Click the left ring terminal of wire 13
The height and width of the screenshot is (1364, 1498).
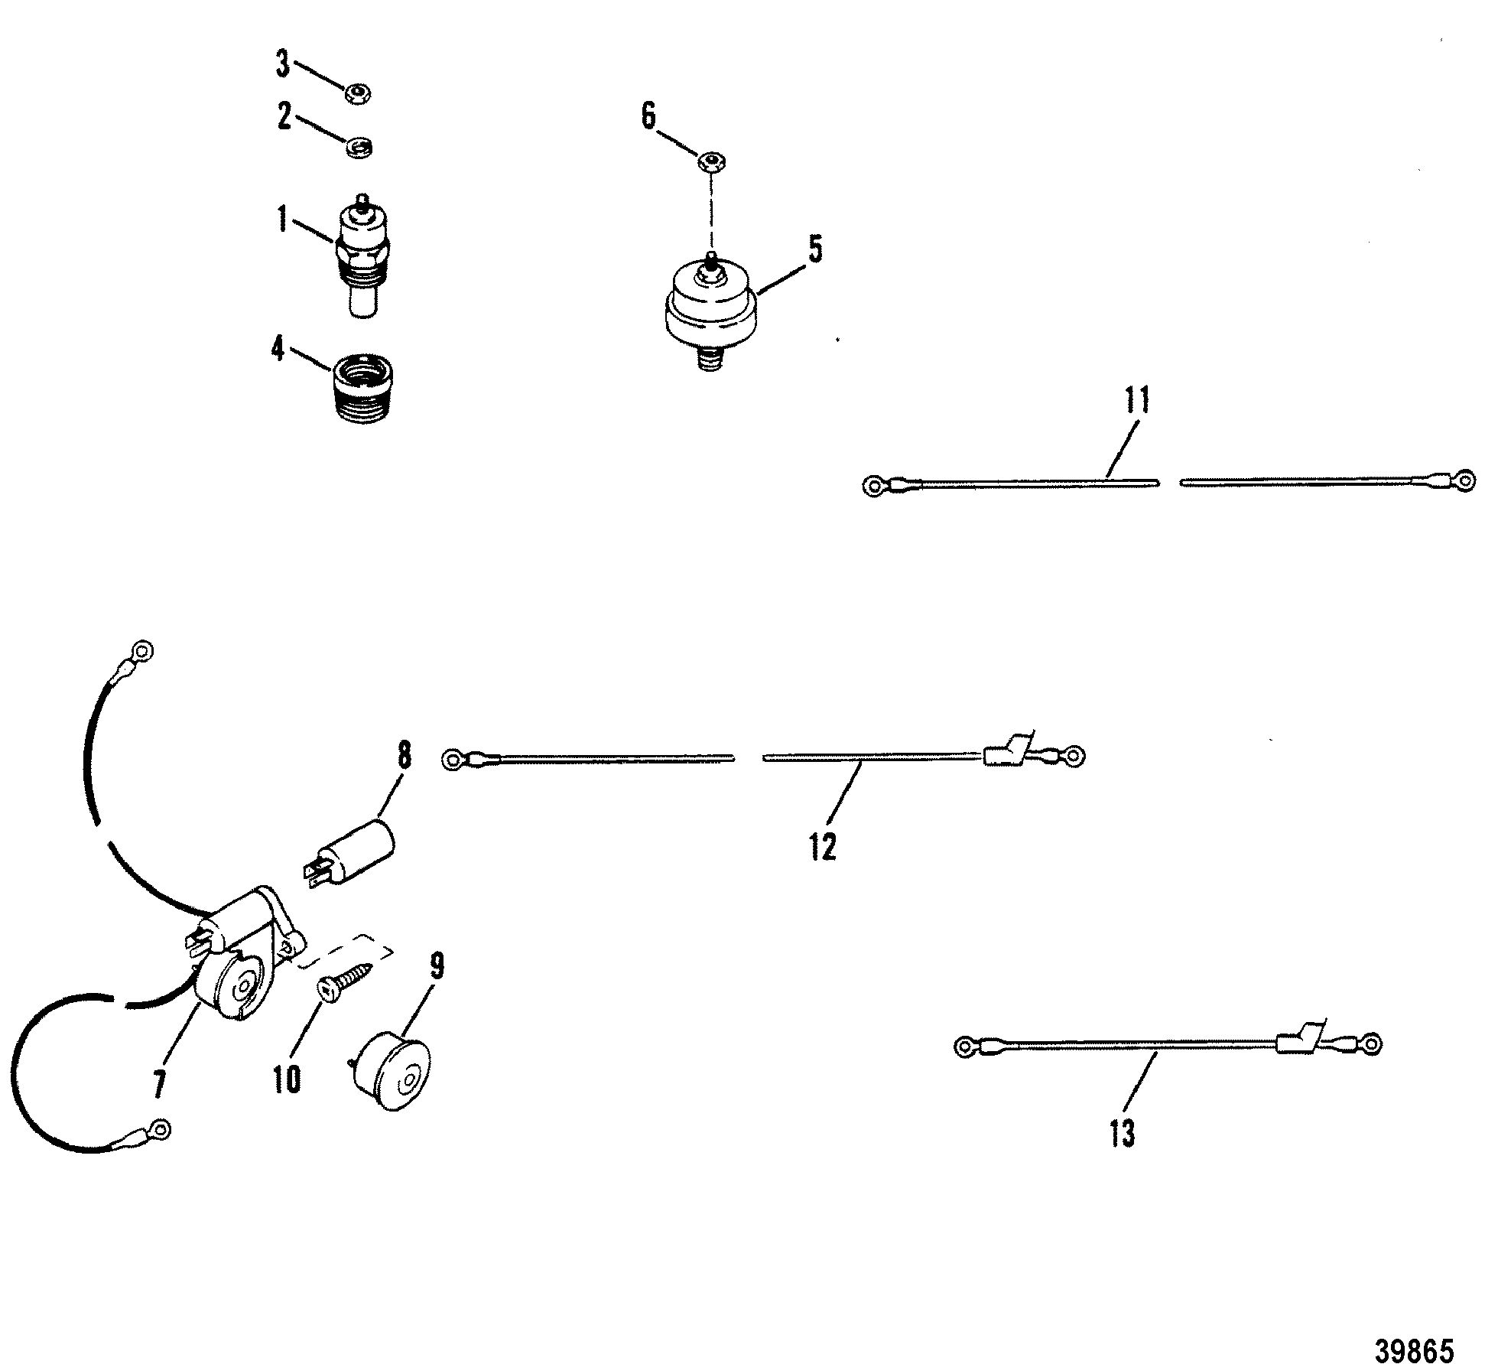click(967, 1045)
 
